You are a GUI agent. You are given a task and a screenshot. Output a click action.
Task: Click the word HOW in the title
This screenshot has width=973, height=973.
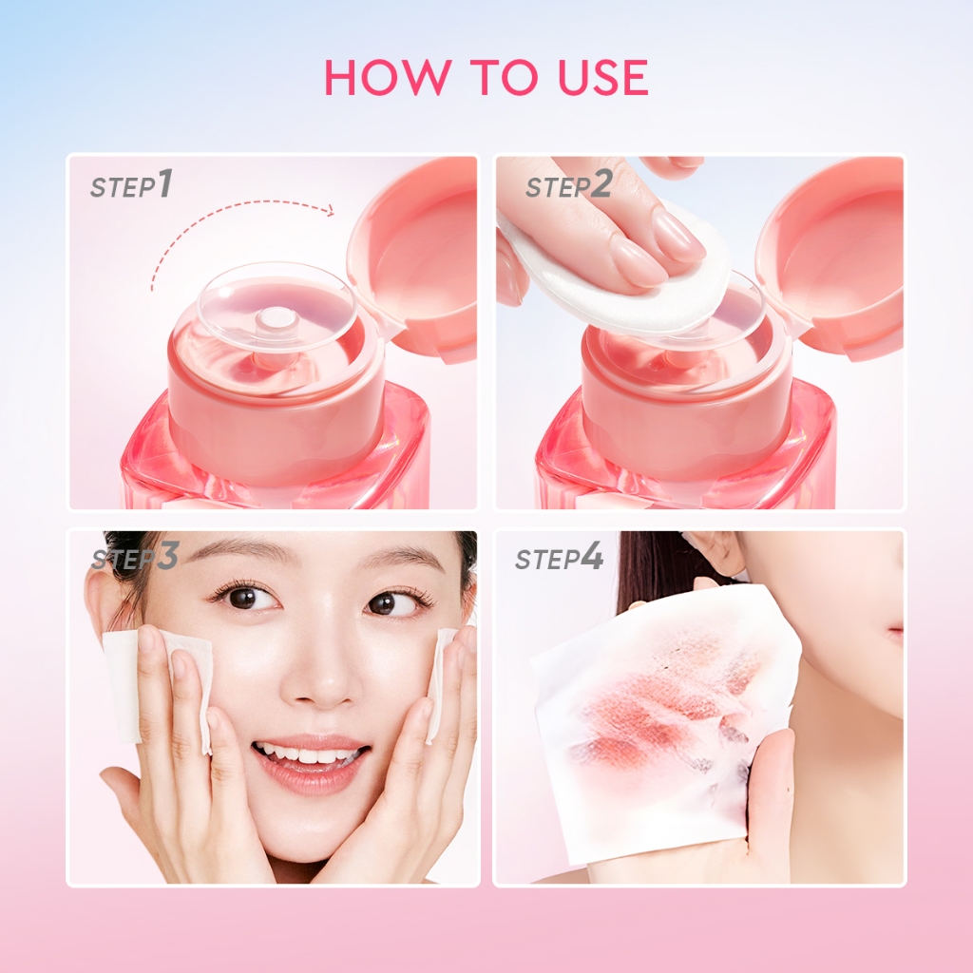coord(374,77)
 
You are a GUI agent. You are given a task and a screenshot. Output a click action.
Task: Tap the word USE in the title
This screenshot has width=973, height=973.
coord(599,77)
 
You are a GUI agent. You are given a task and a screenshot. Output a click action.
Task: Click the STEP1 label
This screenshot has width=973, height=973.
coord(132,185)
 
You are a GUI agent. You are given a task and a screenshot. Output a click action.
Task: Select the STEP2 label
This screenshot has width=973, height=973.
coord(568,185)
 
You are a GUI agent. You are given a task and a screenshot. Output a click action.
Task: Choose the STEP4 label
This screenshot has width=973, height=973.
coord(559,558)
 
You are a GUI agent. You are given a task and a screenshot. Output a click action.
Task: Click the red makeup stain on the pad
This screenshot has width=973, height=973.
coord(665,713)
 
